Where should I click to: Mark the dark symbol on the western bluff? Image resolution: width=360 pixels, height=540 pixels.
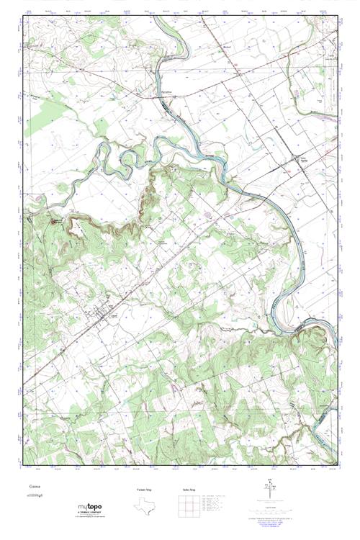coord(54,221)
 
